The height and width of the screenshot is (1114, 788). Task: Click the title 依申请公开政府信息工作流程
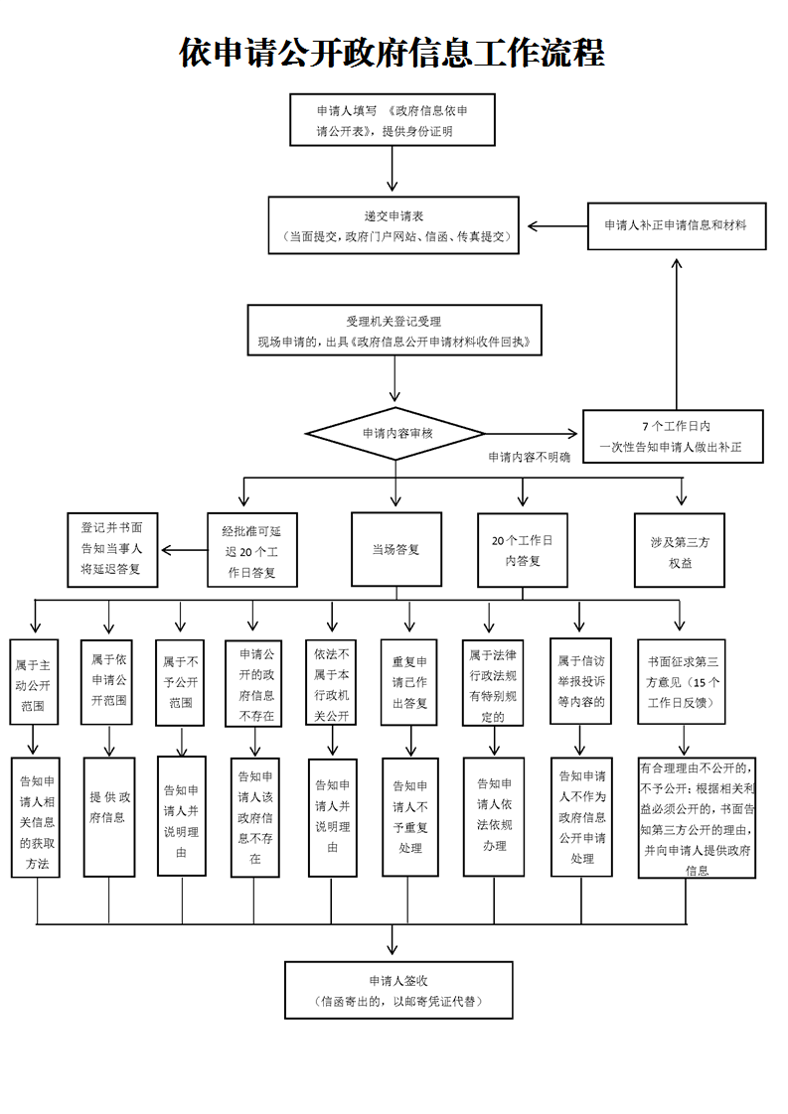click(393, 53)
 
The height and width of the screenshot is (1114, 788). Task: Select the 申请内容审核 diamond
click(395, 434)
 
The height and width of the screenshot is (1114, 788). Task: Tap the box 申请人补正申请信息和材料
click(675, 225)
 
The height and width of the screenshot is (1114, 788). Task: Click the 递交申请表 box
click(394, 225)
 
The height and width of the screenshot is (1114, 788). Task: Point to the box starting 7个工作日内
click(675, 437)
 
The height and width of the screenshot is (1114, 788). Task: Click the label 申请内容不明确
click(529, 458)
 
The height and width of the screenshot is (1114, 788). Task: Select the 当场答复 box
click(395, 549)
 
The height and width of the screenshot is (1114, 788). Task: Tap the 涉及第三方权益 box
click(680, 549)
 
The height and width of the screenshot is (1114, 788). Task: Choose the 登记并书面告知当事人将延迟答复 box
click(111, 549)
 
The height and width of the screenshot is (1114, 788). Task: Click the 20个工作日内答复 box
click(522, 550)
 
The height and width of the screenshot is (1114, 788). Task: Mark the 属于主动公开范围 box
click(34, 681)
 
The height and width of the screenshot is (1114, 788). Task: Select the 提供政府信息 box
click(109, 816)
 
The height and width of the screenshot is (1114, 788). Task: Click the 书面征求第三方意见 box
click(682, 681)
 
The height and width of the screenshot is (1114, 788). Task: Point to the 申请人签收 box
click(397, 990)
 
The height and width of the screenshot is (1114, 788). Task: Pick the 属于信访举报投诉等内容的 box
click(580, 681)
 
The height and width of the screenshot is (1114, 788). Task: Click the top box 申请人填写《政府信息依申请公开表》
click(392, 120)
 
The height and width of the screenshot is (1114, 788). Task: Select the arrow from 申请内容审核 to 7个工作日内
click(531, 434)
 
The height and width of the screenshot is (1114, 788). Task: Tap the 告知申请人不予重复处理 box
click(409, 816)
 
